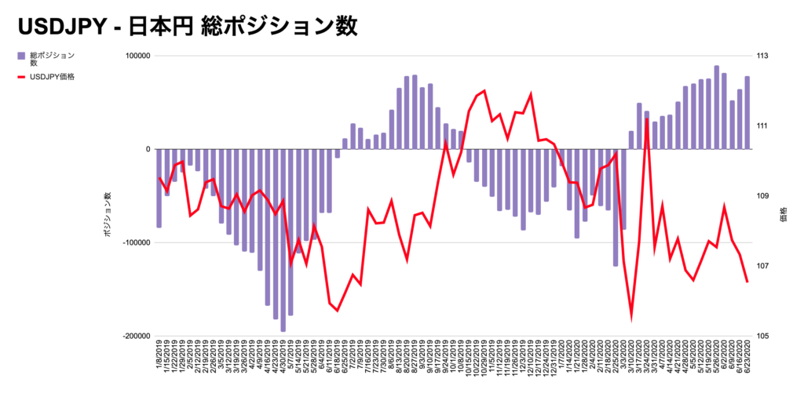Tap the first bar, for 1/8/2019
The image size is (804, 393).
click(x=159, y=188)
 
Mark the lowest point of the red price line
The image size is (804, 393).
click(x=631, y=318)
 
